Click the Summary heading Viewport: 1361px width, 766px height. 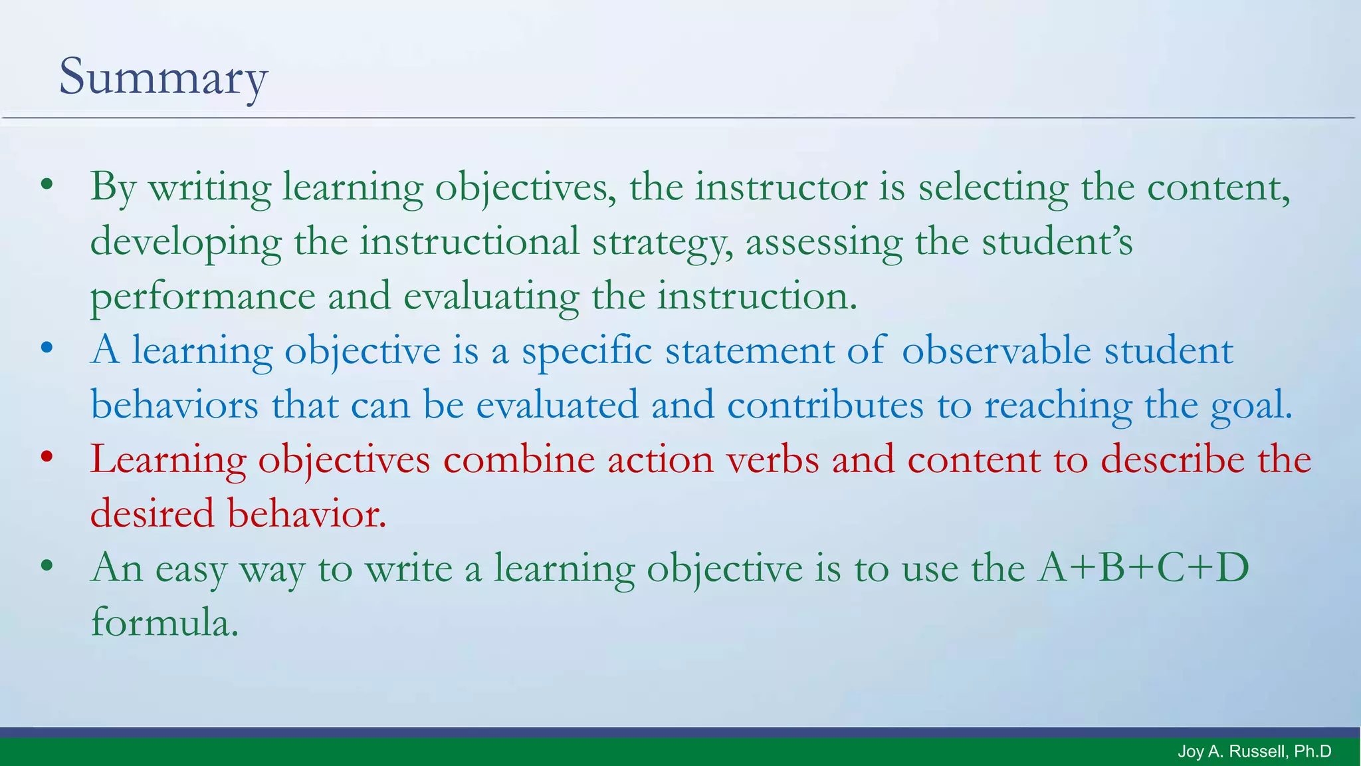click(163, 76)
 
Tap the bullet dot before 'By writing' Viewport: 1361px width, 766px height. click(46, 186)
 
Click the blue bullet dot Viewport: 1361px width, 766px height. click(46, 348)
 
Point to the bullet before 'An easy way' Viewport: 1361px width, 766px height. click(46, 567)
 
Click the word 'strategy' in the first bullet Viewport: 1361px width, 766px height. click(662, 242)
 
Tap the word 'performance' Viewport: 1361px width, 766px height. click(203, 297)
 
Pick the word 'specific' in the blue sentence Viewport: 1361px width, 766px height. click(586, 351)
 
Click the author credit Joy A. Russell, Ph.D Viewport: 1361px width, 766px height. click(1254, 751)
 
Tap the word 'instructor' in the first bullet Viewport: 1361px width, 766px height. click(781, 187)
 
